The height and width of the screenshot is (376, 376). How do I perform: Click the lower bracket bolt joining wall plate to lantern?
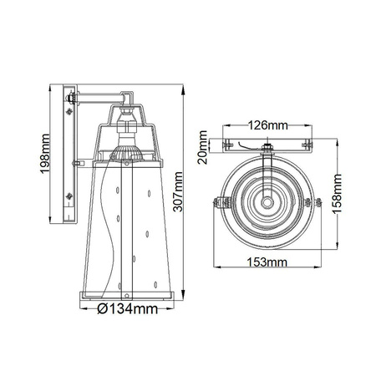click(x=79, y=160)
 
